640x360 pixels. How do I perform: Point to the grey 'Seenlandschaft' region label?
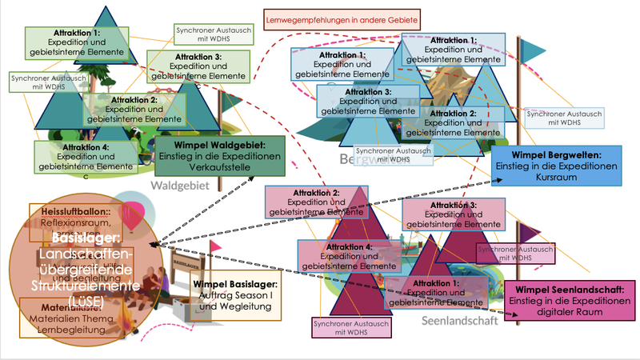(459, 320)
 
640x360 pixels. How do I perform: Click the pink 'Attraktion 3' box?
(454, 214)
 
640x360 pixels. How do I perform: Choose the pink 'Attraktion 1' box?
(436, 293)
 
